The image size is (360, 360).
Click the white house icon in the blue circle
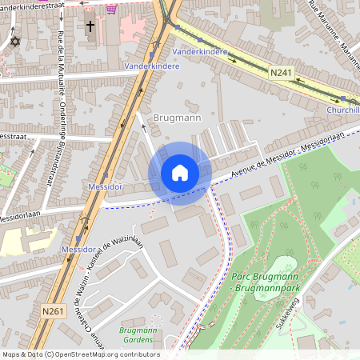click(180, 173)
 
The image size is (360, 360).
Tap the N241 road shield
click(280, 73)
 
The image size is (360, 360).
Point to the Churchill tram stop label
click(343, 110)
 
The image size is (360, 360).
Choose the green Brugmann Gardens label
click(137, 335)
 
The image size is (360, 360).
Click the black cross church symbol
click(90, 26)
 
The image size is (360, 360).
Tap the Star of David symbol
click(14, 41)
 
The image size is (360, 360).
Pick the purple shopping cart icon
click(110, 9)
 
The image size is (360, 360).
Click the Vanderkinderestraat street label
click(32, 3)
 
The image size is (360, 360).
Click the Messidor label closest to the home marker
click(105, 186)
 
